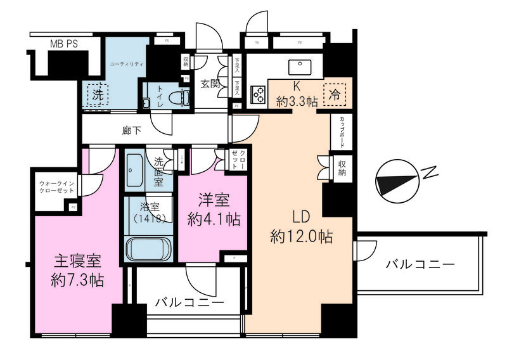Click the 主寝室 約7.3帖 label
(77, 269)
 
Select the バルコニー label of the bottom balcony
(189, 303)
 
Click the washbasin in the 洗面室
(134, 169)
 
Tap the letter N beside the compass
(430, 172)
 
